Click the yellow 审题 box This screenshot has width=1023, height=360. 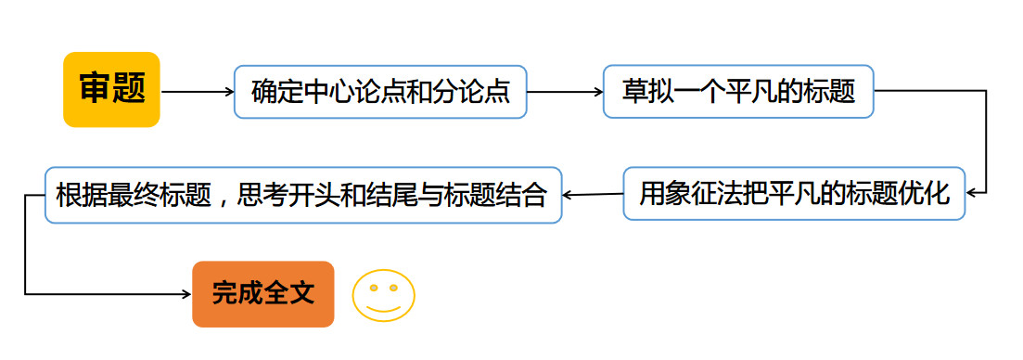pos(111,89)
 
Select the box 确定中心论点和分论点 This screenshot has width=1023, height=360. pos(380,92)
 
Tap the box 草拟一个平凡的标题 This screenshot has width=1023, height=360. pos(738,91)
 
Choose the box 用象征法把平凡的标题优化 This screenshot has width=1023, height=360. pos(794,194)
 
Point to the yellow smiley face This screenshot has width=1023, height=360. pos(383,296)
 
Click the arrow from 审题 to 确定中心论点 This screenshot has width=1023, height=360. pos(197,92)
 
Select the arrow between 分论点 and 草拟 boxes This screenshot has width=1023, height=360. pos(564,92)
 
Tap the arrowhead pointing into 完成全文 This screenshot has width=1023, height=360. pos(185,294)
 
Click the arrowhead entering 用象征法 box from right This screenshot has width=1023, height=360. pos(971,194)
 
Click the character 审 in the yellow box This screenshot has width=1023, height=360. pos(94,89)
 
